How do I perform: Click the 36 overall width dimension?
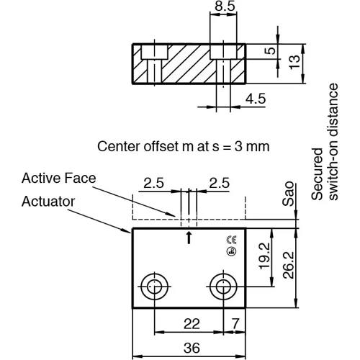190,348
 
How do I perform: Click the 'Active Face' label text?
58,176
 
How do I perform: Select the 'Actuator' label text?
48,201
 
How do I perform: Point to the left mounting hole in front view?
153,287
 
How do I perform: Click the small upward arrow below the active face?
189,236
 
